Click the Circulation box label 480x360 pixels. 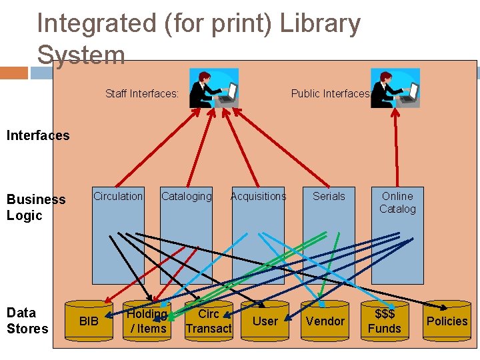[118, 196]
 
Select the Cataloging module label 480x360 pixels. [186, 196]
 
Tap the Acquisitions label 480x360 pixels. [258, 196]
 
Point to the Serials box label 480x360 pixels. [329, 196]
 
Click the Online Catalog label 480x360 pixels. [397, 203]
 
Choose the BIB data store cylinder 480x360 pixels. [89, 321]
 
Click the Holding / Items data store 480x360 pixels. [147, 321]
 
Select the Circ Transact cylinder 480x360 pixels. [209, 321]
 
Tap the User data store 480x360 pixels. [265, 321]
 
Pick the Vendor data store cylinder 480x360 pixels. [325, 321]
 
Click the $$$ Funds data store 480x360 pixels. [385, 321]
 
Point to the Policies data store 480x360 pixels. [447, 321]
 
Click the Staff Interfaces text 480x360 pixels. [142, 94]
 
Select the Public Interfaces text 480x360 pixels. [330, 94]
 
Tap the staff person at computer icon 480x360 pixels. [212, 87]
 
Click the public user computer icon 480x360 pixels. [395, 87]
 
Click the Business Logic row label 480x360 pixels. [36, 207]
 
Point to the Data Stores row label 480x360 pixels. [27, 321]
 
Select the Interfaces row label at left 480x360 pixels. [37, 136]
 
